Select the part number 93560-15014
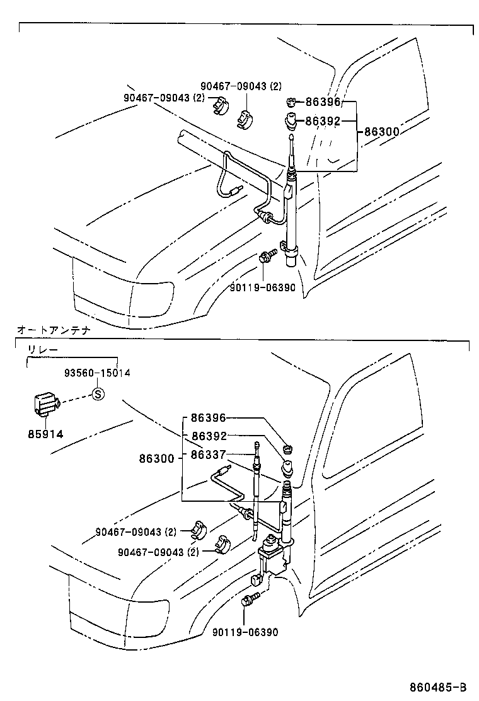click(97, 373)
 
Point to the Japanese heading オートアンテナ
click(54, 330)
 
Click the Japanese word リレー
click(42, 349)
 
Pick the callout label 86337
click(209, 453)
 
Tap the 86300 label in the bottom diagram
click(157, 460)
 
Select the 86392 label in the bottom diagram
click(209, 436)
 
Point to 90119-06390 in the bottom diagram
click(245, 632)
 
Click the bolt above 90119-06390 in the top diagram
click(265, 257)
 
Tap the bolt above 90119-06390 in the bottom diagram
click(247, 599)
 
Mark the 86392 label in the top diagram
click(323, 121)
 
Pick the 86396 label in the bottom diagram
click(209, 418)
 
